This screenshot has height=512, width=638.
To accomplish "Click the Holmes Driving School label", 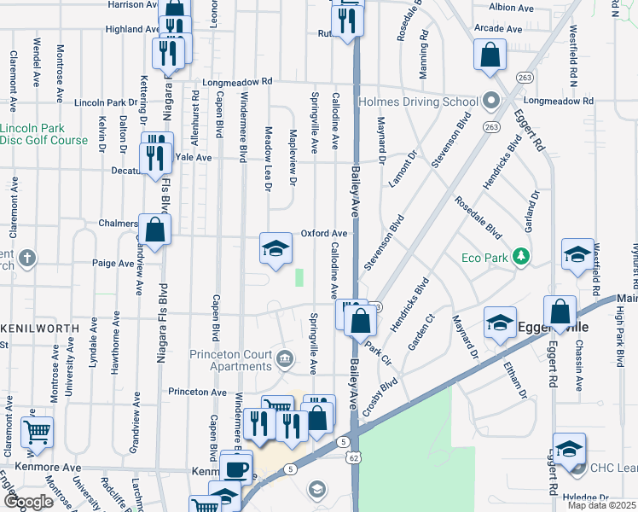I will tap(423, 102).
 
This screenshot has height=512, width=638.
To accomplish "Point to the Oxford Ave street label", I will tap(324, 233).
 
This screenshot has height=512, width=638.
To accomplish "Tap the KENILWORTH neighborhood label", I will tap(33, 328).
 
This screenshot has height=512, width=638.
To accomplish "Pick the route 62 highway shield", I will tap(352, 457).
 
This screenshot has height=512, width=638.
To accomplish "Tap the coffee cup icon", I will tap(235, 468).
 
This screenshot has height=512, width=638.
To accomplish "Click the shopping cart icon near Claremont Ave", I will tap(37, 433).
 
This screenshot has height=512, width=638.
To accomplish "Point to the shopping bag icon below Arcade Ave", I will tap(490, 56).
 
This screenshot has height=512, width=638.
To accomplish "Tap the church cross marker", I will tap(27, 258).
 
